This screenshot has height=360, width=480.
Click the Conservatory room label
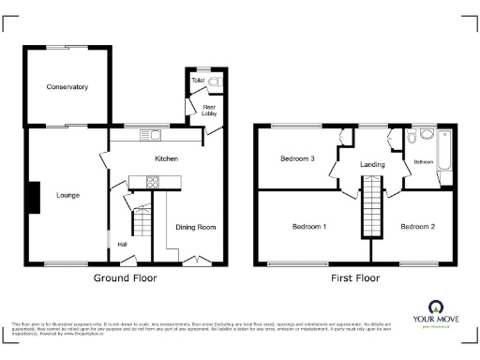click(67, 87)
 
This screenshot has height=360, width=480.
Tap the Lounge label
click(67, 196)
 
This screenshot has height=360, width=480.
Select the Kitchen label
click(167, 158)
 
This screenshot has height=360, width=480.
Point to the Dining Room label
click(196, 227)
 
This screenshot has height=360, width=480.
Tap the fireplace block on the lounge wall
click(34, 197)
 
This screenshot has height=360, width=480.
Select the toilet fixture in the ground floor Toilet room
click(215, 82)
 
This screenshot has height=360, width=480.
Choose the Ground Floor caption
click(125, 278)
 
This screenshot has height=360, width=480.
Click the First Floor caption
click(354, 278)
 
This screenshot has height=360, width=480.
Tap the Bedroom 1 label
click(308, 227)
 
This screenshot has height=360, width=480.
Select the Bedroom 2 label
click(417, 227)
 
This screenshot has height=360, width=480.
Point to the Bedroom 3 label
click(296, 159)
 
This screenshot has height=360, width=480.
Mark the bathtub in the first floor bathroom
click(445, 156)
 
